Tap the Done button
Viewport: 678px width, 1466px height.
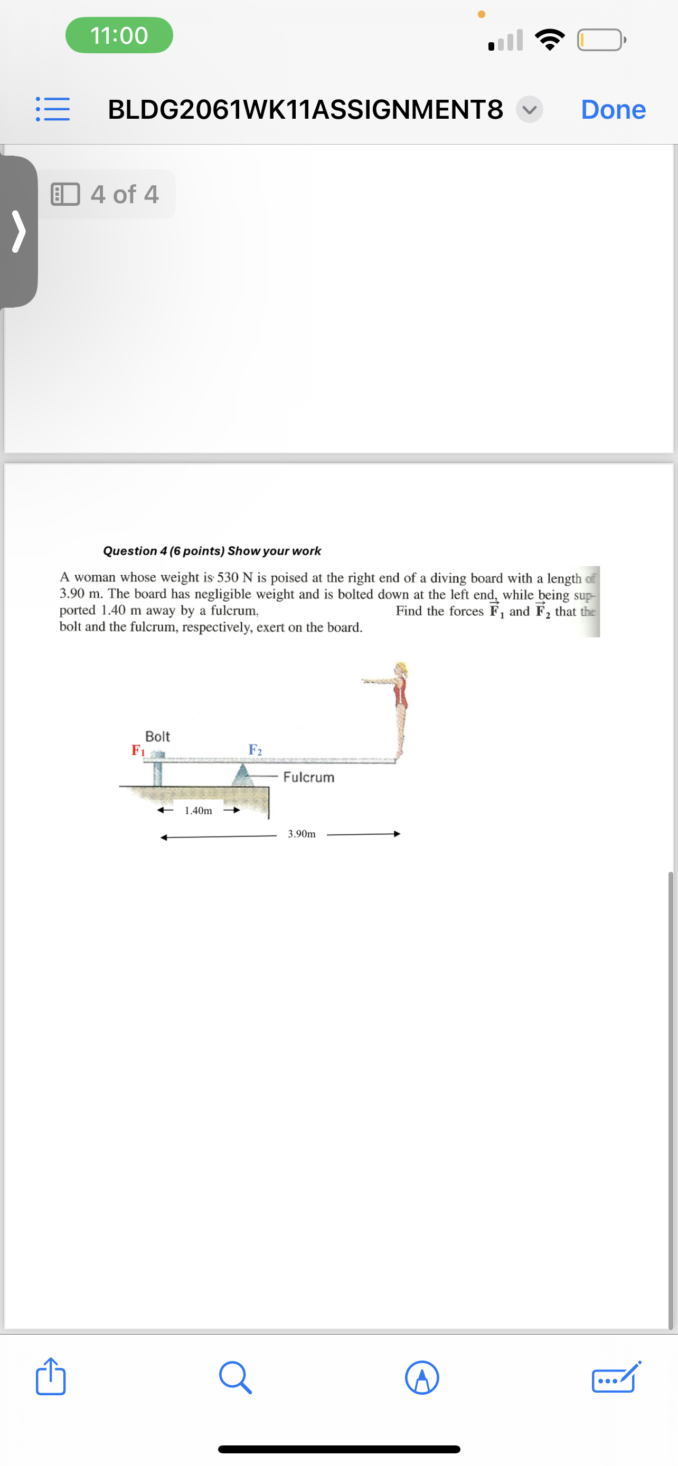point(613,109)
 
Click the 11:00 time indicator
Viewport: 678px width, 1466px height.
point(119,35)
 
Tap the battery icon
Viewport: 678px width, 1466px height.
point(600,40)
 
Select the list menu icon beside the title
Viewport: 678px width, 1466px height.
point(53,109)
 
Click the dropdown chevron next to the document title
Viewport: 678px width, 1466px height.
point(530,109)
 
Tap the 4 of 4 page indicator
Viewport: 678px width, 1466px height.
point(107,194)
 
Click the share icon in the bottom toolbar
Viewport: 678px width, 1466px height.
point(51,1377)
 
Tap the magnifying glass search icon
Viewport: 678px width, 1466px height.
point(235,1377)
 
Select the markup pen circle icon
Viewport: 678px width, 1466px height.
point(422,1377)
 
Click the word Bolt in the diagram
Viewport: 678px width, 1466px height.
point(158,736)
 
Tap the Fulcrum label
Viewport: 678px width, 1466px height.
point(308,777)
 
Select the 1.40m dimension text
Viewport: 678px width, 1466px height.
point(198,811)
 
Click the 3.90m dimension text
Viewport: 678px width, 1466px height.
point(301,834)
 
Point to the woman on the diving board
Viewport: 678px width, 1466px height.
point(400,709)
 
